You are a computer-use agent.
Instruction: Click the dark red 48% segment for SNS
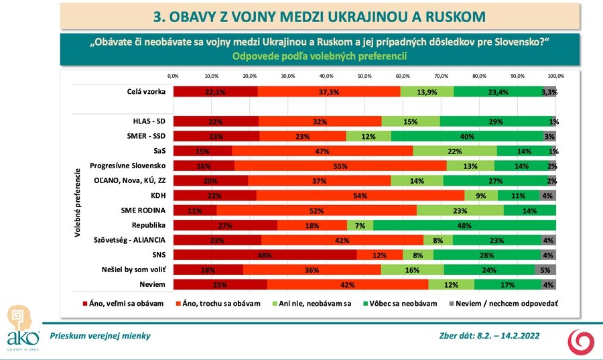click(265, 255)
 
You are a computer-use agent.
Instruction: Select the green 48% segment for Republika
click(464, 225)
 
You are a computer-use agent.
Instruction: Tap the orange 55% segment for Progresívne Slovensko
click(340, 166)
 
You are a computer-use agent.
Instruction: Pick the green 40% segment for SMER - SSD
click(467, 136)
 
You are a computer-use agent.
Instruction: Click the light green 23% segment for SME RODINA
click(460, 211)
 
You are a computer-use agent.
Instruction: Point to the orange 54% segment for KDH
click(360, 196)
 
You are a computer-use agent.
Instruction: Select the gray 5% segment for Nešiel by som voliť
click(545, 269)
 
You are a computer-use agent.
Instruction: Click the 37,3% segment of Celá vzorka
click(329, 92)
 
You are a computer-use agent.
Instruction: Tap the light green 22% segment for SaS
click(455, 151)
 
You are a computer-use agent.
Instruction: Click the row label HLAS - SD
click(149, 121)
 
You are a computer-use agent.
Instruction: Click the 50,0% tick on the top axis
click(364, 76)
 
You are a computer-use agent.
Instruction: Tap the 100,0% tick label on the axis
click(555, 76)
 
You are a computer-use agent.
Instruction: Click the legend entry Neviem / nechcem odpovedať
click(507, 303)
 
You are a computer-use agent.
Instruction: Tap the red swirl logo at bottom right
click(580, 342)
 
